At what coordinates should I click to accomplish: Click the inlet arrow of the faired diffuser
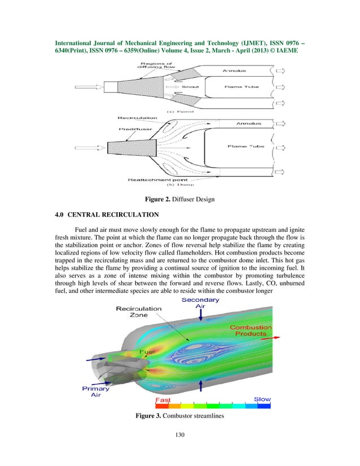click(90, 87)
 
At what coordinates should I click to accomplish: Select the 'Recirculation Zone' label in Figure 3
click(138, 312)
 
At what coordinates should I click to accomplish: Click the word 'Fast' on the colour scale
click(163, 399)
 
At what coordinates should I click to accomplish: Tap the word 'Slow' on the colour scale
click(262, 399)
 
